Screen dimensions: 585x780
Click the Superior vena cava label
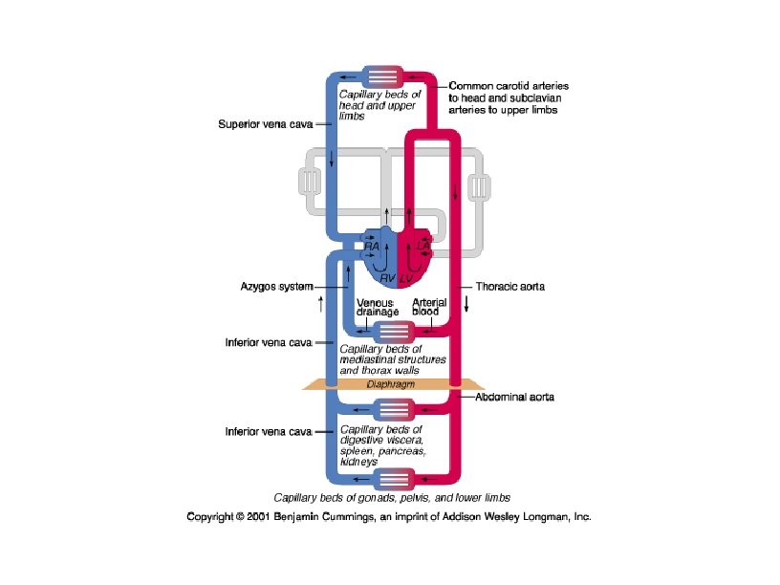(264, 123)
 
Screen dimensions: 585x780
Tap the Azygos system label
(271, 286)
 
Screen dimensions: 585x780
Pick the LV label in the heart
(406, 277)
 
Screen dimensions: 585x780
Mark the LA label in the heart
(423, 246)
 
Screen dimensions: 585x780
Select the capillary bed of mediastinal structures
(393, 332)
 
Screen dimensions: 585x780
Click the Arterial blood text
(429, 308)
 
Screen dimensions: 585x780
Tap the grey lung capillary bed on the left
(309, 182)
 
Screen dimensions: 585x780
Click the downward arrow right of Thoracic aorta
(467, 305)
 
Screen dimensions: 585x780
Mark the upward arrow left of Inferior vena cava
(320, 305)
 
